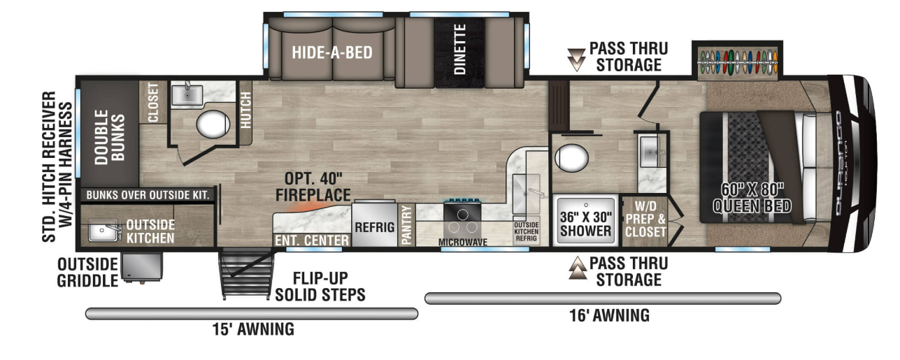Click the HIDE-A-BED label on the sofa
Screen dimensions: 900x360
point(332,52)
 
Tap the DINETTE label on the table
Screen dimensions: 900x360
point(459,50)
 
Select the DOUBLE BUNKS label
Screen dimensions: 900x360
point(109,138)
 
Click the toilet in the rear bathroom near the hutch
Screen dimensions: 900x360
point(213,124)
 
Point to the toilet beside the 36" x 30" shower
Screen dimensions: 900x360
point(571,158)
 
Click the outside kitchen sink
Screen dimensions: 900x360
point(104,230)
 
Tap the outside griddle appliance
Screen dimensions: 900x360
point(142,267)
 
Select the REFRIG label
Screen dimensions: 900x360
point(374,227)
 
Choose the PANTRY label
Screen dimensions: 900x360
point(406,224)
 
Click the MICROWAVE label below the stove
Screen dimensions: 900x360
point(462,242)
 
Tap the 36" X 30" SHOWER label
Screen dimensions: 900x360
point(585,224)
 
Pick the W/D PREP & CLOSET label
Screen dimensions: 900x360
point(645,219)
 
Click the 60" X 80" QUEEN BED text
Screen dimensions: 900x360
point(752,198)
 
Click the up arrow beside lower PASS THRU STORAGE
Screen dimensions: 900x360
point(578,268)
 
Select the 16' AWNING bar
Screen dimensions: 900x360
point(603,298)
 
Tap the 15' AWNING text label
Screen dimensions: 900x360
point(253,329)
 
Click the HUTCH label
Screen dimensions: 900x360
point(245,110)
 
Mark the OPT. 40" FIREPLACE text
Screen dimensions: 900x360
point(313,187)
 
